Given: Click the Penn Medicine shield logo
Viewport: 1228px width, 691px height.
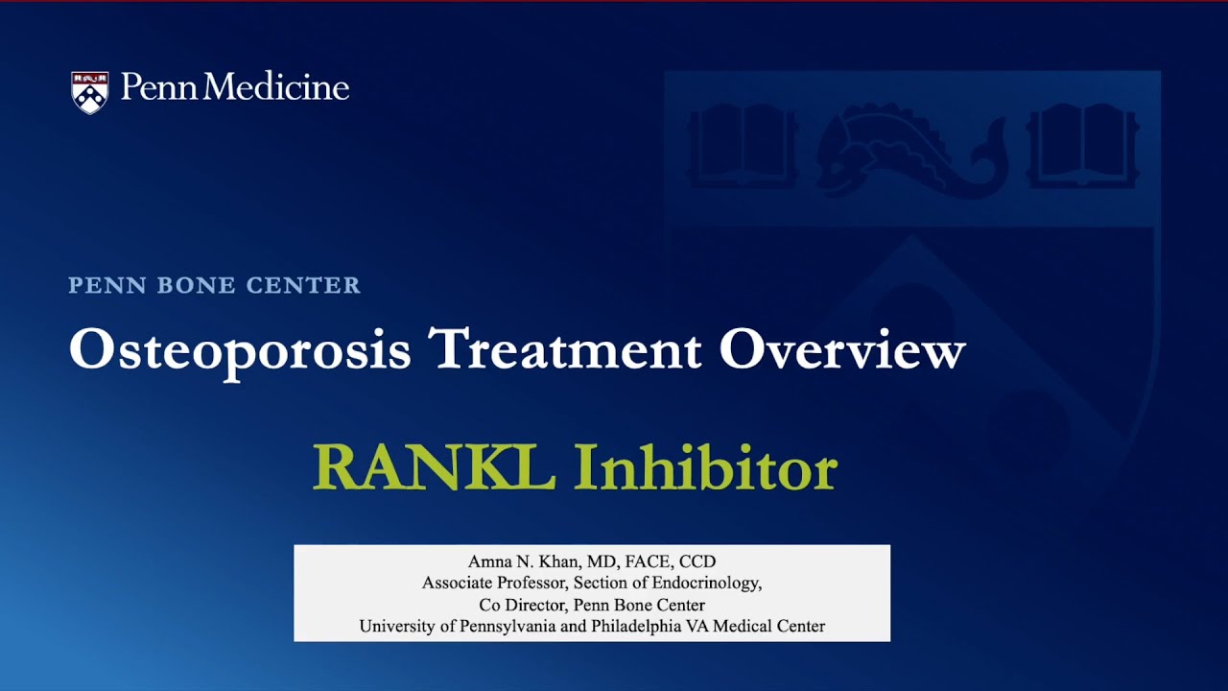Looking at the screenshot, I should click(x=89, y=92).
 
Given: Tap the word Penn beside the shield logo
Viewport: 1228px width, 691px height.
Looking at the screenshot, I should click(x=159, y=88).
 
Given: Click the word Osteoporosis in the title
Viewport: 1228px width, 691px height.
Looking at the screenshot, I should click(x=240, y=350).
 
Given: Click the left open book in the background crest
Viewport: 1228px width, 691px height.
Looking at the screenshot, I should click(x=742, y=147).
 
